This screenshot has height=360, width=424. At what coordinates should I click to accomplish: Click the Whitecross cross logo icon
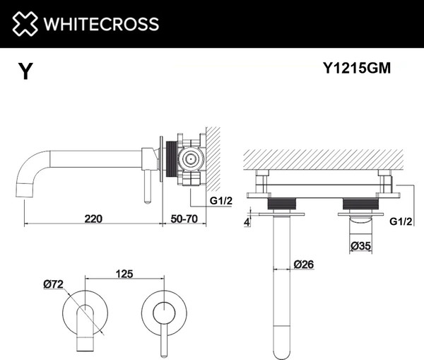click(x=23, y=23)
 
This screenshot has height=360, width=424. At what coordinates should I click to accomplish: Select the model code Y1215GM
click(x=356, y=69)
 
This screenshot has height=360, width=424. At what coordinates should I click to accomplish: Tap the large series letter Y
click(x=25, y=71)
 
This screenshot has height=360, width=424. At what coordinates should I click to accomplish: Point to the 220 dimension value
click(x=93, y=218)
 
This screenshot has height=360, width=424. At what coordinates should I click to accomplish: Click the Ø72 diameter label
click(x=54, y=284)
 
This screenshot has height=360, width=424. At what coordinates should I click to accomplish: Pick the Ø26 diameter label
click(x=304, y=265)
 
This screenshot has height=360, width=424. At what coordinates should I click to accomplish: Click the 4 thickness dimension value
click(x=247, y=222)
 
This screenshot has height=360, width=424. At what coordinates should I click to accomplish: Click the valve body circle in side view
click(x=189, y=159)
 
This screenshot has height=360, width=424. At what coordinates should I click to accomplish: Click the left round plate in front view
click(x=84, y=312)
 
